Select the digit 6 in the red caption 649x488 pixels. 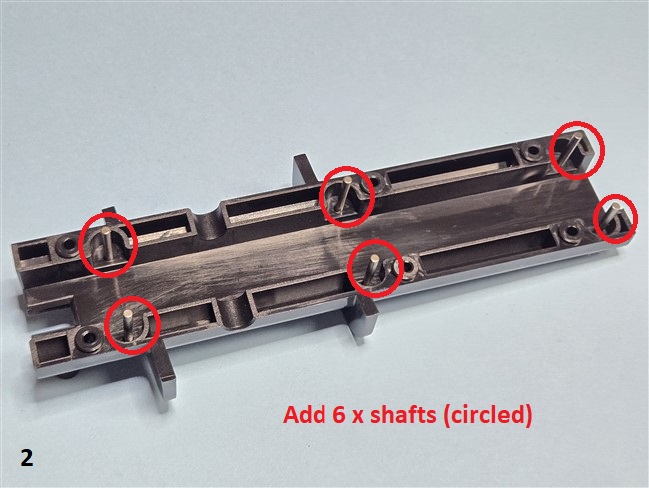pos(339,414)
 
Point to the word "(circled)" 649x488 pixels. pos(487,415)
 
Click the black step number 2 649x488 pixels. pos(27,459)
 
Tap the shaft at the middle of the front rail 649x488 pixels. pos(371,270)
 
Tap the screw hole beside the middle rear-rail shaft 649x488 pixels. pos(375,181)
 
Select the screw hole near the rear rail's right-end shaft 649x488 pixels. pos(530,151)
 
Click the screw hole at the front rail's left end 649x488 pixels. pos(87,337)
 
